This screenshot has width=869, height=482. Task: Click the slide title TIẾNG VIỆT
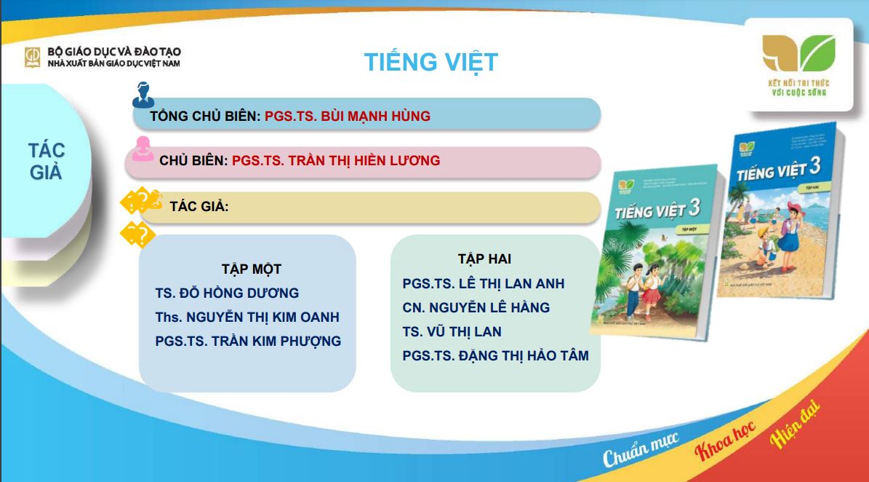tap(431, 63)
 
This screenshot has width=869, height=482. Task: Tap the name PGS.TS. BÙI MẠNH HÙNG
tap(347, 116)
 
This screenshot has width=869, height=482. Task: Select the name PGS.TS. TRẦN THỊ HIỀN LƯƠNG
tap(336, 160)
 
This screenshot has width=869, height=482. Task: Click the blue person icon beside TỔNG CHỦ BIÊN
tap(143, 95)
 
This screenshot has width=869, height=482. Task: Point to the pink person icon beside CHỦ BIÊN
tap(143, 148)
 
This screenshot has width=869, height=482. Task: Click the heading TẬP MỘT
tap(252, 269)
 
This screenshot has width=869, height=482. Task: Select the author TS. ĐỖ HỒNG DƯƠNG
tap(227, 293)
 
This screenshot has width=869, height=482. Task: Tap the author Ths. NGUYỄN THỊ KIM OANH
tap(247, 317)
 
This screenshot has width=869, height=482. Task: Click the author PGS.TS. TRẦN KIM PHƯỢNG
tap(248, 341)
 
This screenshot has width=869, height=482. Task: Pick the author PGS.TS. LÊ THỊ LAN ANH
tap(484, 284)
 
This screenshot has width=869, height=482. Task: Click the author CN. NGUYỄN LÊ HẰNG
tap(476, 308)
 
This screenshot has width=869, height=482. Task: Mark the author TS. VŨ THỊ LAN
tap(452, 332)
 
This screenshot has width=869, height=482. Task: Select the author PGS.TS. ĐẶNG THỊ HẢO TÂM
tap(495, 356)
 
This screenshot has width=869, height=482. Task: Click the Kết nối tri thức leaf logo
tap(798, 54)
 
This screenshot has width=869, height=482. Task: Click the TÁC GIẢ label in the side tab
tap(47, 162)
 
